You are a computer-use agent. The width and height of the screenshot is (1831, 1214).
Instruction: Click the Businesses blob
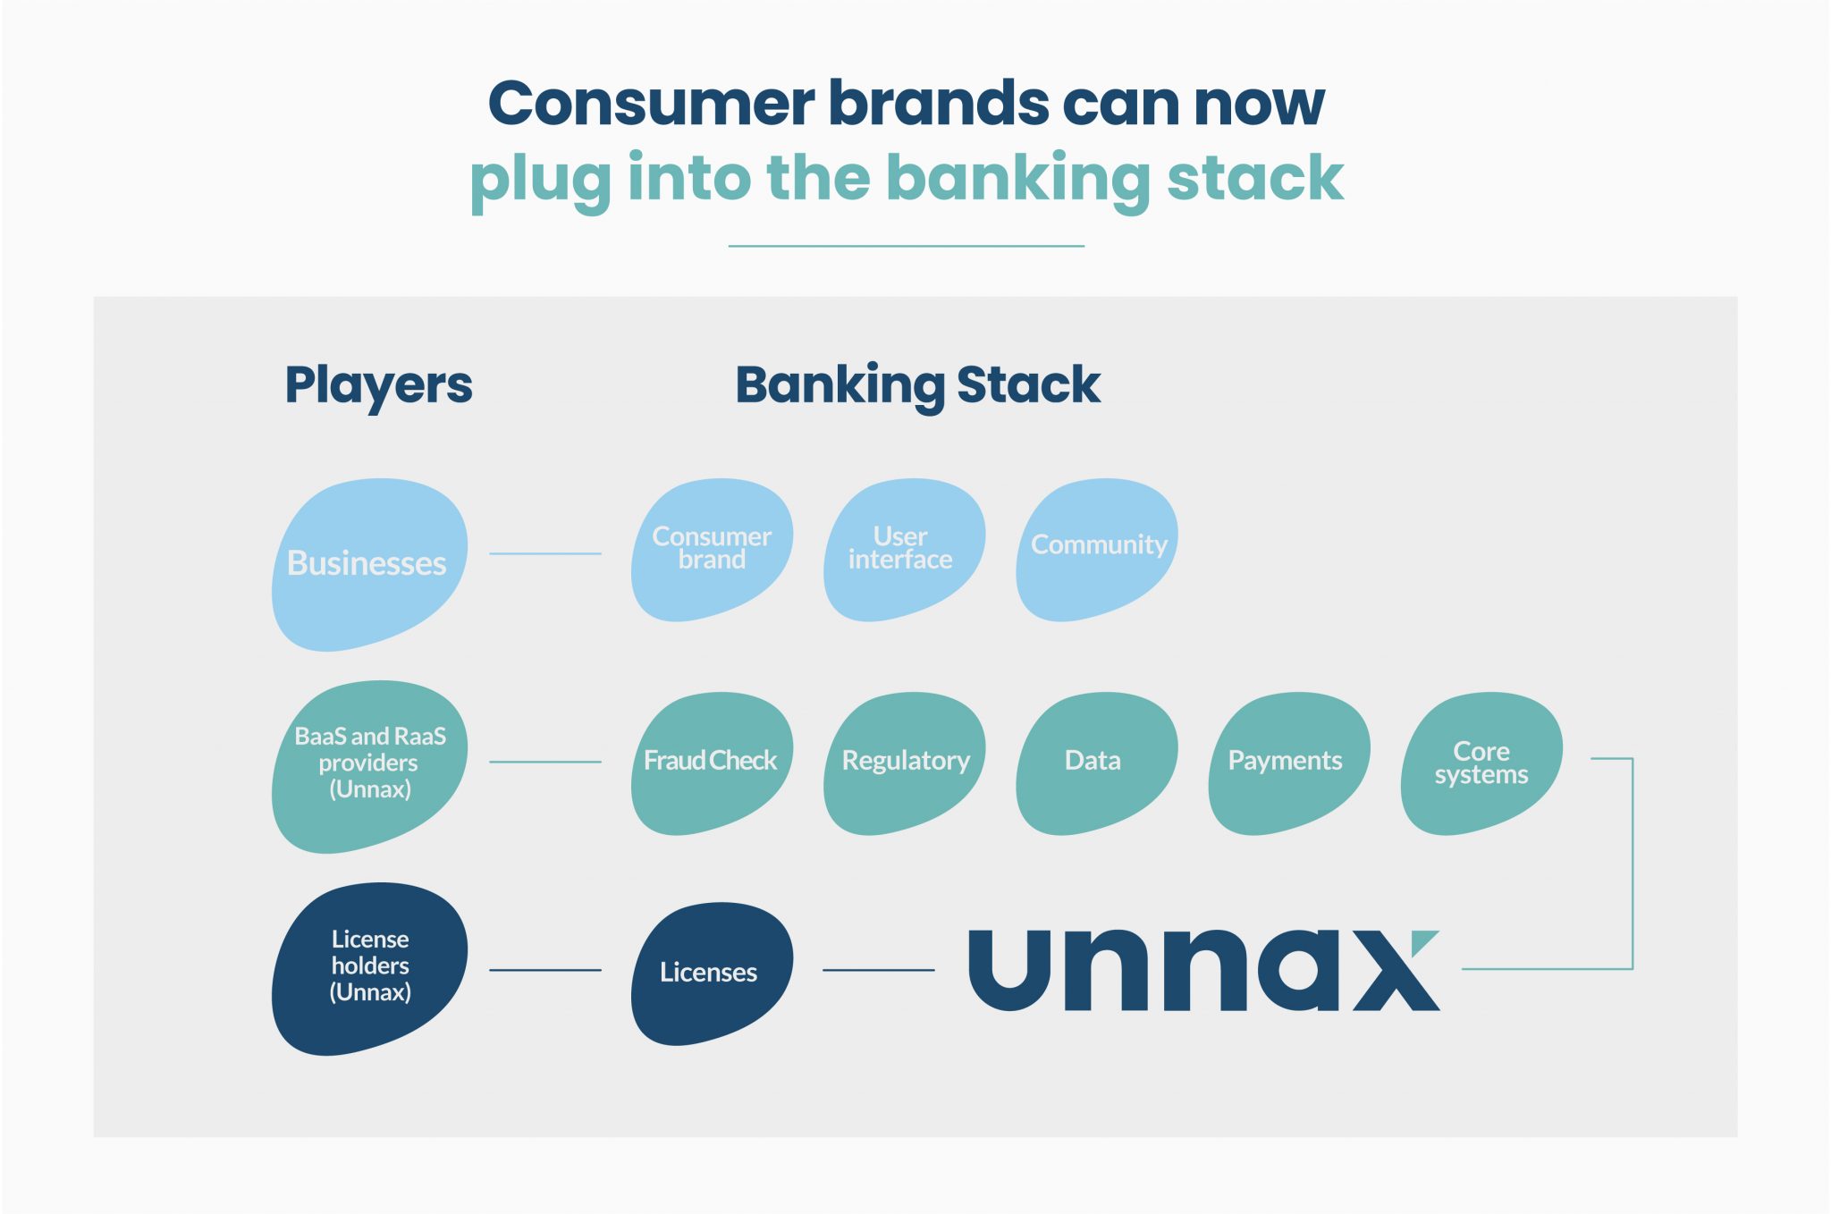368,564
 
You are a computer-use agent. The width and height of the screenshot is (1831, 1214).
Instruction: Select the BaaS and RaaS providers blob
368,764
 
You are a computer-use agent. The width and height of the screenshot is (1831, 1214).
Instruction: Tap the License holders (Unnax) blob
368,967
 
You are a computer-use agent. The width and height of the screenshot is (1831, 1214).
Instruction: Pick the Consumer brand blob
712,549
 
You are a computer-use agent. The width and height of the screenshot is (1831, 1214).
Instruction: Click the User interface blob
902,549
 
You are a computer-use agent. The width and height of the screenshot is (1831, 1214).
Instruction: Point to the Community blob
1097,547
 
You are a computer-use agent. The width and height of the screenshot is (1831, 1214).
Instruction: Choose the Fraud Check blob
712,762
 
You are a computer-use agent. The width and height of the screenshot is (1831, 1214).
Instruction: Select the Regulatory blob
904,762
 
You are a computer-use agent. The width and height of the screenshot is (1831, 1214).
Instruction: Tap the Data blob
1094,762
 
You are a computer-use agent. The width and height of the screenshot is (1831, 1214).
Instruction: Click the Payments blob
1286,762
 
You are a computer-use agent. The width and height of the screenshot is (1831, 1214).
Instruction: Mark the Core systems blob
1481,762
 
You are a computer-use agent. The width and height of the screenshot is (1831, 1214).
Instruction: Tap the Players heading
378,385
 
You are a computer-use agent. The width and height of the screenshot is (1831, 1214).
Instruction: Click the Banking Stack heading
917,385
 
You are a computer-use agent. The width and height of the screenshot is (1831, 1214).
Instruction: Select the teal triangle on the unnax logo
1426,940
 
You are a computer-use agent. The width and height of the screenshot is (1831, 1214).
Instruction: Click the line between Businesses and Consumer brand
544,553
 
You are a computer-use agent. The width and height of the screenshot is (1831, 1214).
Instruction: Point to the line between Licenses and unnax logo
878,970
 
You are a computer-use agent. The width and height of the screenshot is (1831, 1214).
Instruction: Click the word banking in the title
1018,178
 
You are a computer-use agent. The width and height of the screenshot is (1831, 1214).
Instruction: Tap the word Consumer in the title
651,103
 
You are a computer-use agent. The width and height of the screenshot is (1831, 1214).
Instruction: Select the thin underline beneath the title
906,246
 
